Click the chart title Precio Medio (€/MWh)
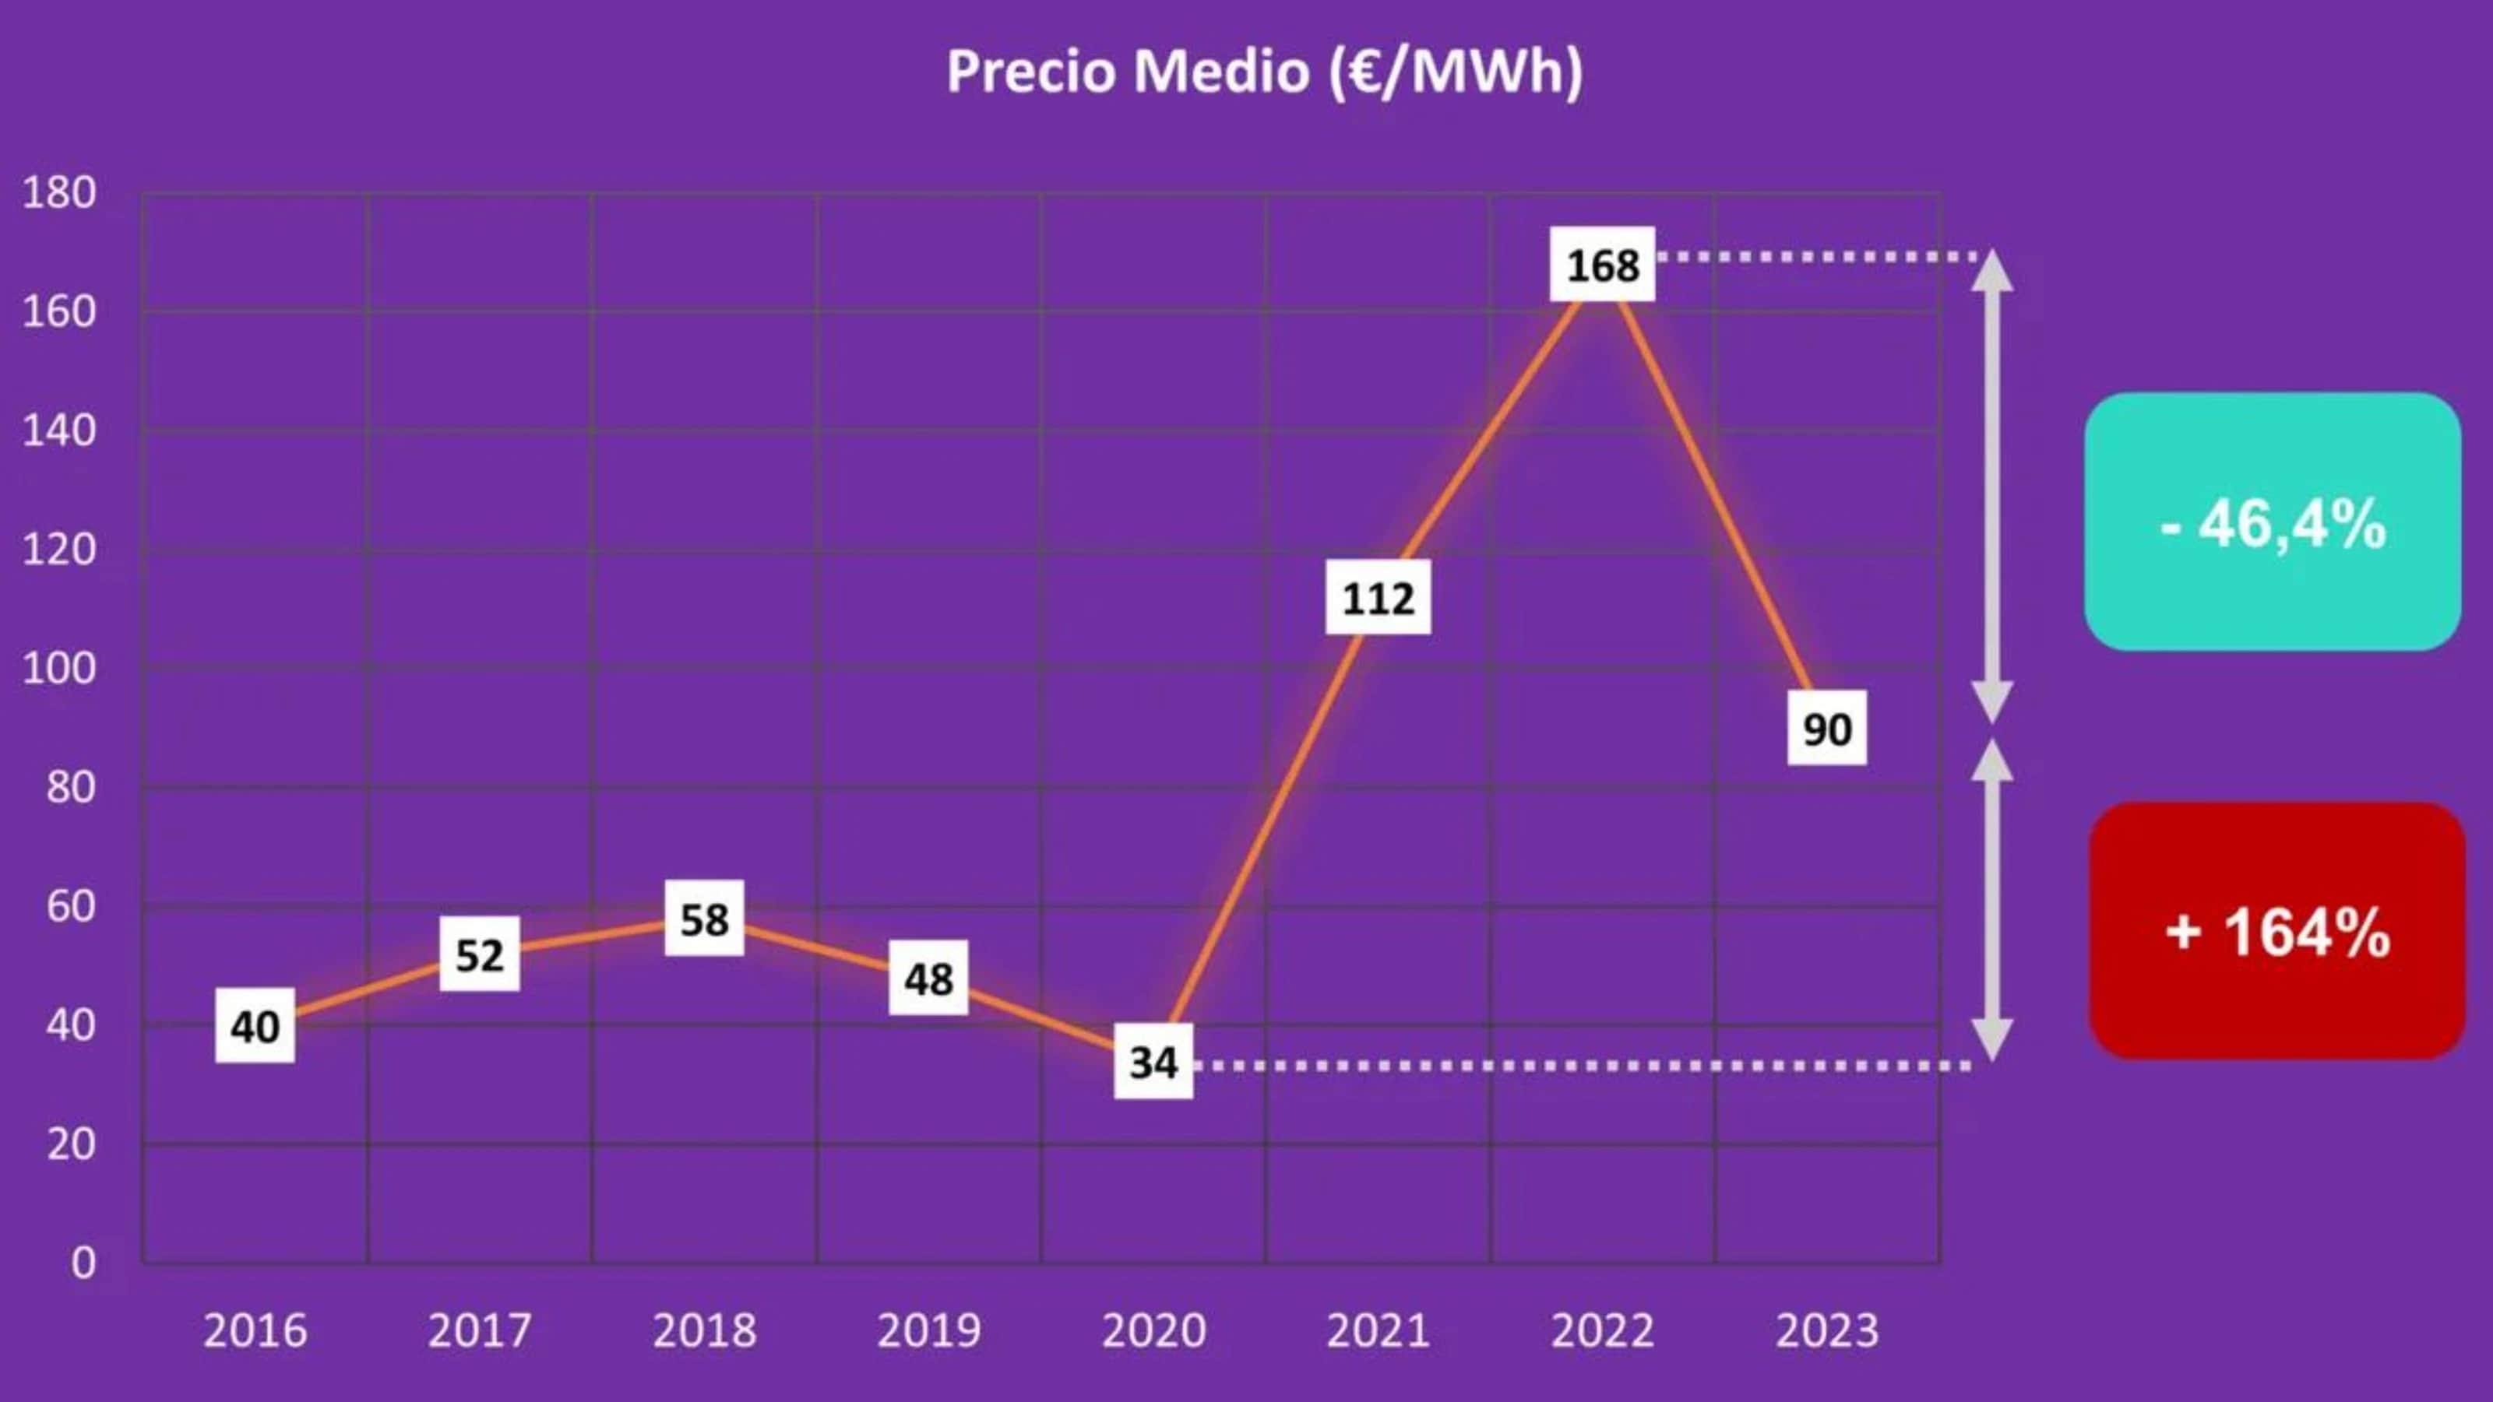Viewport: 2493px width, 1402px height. (x=1264, y=72)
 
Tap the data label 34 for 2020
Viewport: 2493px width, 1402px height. (x=1153, y=1063)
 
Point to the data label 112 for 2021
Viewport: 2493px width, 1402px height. (x=1378, y=598)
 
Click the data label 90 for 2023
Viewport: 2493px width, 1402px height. (x=1826, y=729)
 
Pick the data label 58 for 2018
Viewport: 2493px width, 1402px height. (x=703, y=919)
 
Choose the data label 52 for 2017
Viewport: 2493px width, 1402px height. (x=479, y=955)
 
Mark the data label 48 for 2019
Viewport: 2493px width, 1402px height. (x=928, y=979)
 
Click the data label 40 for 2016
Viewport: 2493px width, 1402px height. (x=255, y=1027)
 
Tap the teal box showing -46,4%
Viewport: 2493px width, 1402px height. (x=2273, y=522)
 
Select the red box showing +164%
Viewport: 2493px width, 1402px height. (x=2276, y=931)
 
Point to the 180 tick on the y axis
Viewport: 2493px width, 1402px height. (x=59, y=192)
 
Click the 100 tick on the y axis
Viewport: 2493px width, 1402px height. (x=59, y=669)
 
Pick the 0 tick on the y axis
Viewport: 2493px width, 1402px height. (x=83, y=1263)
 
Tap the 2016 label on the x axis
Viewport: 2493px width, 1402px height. (x=255, y=1330)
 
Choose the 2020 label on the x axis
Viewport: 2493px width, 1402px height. (x=1153, y=1330)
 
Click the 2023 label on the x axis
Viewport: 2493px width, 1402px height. (x=1826, y=1330)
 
